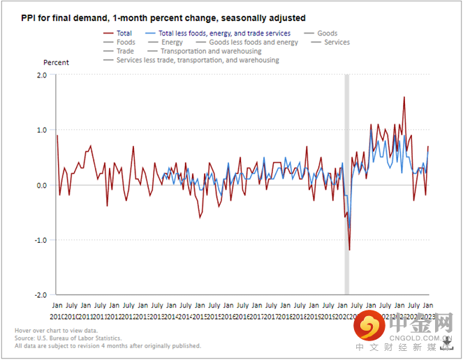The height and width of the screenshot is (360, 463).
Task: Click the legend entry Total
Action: coord(124,33)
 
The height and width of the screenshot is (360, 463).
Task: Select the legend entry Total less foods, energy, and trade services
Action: coord(224,33)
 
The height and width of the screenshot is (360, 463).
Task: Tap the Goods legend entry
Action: coord(327,33)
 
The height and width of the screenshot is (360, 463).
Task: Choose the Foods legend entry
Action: coord(126,43)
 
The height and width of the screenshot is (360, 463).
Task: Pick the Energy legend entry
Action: coord(172,43)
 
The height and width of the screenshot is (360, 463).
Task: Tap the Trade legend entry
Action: coord(126,51)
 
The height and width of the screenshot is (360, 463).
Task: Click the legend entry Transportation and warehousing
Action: coord(211,51)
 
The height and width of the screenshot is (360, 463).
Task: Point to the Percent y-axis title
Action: coord(57,63)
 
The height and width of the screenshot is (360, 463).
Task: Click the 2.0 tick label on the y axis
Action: coord(41,75)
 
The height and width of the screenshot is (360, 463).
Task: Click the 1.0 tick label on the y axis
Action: coord(41,130)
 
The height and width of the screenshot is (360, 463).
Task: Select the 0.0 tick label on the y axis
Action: coord(41,185)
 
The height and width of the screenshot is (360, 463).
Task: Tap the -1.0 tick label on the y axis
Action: coord(40,240)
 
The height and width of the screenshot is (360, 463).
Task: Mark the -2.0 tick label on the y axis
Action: coord(40,295)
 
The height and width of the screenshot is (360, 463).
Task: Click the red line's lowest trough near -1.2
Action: coord(349,250)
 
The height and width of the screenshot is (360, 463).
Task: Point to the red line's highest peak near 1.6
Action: coord(404,98)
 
